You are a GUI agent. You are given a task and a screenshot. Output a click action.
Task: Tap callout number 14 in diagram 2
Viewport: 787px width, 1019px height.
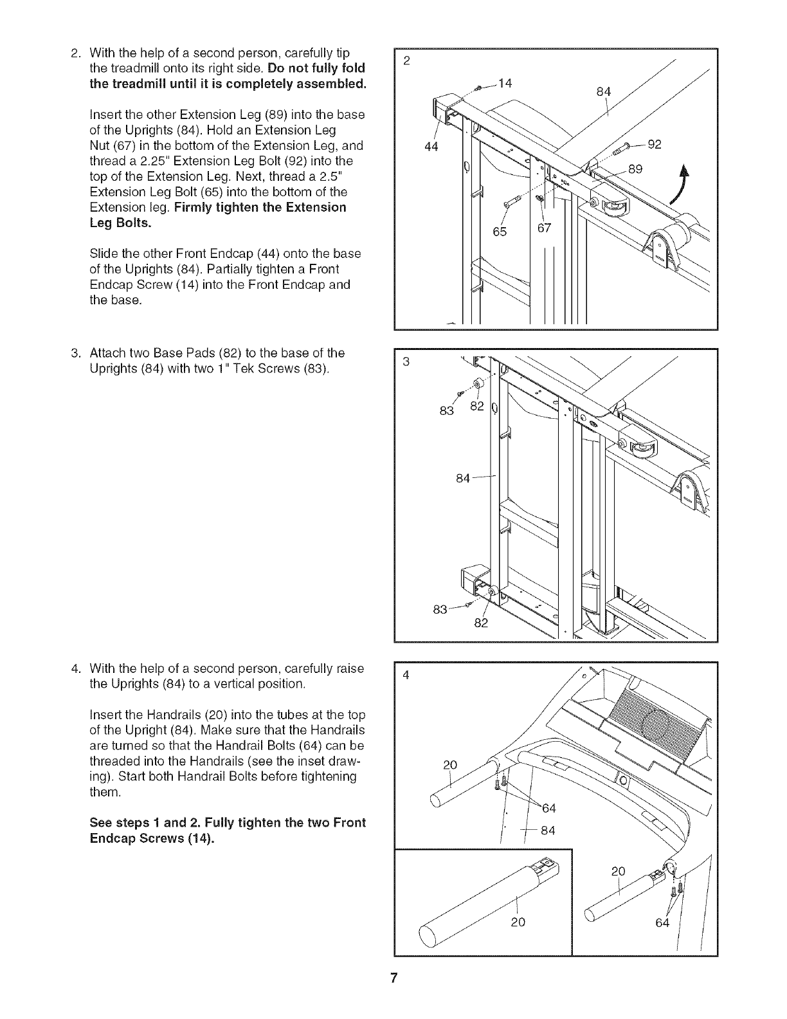click(x=505, y=82)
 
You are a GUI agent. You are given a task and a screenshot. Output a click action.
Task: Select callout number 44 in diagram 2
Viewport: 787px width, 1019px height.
click(x=431, y=147)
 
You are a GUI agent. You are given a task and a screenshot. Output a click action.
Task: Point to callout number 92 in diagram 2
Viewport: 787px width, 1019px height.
click(x=655, y=144)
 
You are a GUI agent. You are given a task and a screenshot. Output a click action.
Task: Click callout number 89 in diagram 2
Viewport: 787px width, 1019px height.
click(x=635, y=169)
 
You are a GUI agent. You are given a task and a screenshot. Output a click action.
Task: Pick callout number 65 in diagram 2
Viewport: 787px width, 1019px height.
click(x=500, y=231)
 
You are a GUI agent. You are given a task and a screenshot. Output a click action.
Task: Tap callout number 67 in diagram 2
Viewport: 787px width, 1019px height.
click(x=544, y=228)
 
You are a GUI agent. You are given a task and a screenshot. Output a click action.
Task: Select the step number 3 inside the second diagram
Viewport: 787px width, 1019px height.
click(x=406, y=361)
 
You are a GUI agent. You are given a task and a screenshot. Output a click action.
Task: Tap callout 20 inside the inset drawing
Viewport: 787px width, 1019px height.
click(x=518, y=922)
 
